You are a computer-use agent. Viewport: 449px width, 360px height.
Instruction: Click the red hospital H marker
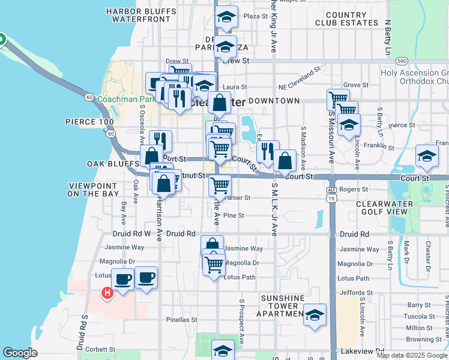coord(107,293)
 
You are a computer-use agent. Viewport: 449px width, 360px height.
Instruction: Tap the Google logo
coord(20,353)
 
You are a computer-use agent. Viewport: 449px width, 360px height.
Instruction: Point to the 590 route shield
coord(402,61)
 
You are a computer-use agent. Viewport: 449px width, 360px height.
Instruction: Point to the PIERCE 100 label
coord(89,122)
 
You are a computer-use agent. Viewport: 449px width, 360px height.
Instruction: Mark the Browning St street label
coord(423,339)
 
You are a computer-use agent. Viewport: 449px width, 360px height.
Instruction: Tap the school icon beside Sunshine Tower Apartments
coord(315,316)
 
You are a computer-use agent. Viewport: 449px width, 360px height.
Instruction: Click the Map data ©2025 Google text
coord(412,355)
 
